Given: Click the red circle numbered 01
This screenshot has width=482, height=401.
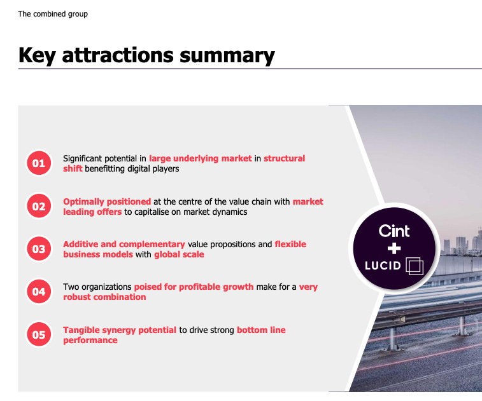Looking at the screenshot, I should pyautogui.click(x=39, y=163).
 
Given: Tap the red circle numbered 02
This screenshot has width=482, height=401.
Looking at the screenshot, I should pyautogui.click(x=39, y=207).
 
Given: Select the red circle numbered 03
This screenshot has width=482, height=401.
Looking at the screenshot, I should pyautogui.click(x=39, y=249).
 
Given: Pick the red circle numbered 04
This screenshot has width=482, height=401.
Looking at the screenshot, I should pyautogui.click(x=39, y=292).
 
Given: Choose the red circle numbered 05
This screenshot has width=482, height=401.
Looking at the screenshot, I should pyautogui.click(x=39, y=334).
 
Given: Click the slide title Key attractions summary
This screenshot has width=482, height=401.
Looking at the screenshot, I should pyautogui.click(x=146, y=55).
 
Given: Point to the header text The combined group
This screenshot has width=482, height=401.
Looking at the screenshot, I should pyautogui.click(x=53, y=13).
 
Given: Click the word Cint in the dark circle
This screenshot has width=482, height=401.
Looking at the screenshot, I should pyautogui.click(x=394, y=231).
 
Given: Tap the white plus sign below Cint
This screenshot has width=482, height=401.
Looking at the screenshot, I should pyautogui.click(x=394, y=248).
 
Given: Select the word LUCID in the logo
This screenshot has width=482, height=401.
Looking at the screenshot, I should pyautogui.click(x=383, y=266).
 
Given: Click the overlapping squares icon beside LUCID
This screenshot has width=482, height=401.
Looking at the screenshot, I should pyautogui.click(x=414, y=266).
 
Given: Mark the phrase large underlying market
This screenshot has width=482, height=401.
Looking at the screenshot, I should pyautogui.click(x=201, y=158).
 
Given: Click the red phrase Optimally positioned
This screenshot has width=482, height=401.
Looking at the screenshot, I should pyautogui.click(x=107, y=201).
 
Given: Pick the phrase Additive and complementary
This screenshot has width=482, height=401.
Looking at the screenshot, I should pyautogui.click(x=124, y=244).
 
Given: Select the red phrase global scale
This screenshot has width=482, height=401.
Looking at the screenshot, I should pyautogui.click(x=179, y=254).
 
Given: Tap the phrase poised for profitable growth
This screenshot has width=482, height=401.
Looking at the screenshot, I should pyautogui.click(x=194, y=287).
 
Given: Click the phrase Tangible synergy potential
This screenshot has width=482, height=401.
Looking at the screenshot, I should pyautogui.click(x=120, y=330).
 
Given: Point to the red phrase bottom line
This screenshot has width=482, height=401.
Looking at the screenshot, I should pyautogui.click(x=261, y=330).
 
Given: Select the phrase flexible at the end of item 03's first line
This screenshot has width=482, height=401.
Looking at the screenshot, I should pyautogui.click(x=290, y=244).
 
